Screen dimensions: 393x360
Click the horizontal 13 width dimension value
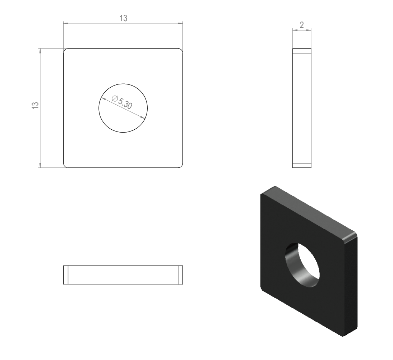(x=123, y=18)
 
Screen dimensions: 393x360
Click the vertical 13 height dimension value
(x=35, y=105)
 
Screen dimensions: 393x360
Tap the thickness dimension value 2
(x=302, y=25)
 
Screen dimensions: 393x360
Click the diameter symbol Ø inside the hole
(x=115, y=98)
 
